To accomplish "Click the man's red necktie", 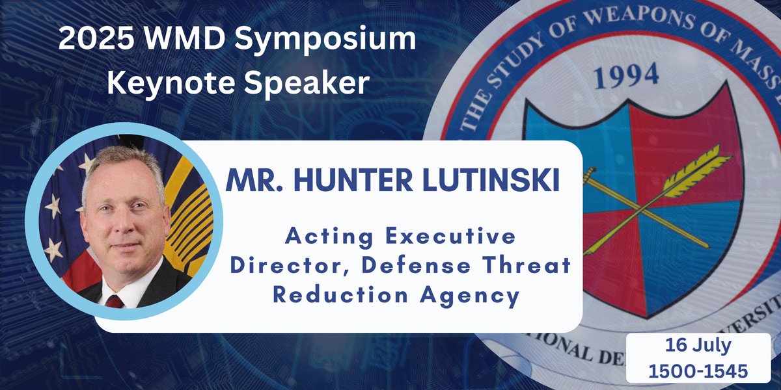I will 116,301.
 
